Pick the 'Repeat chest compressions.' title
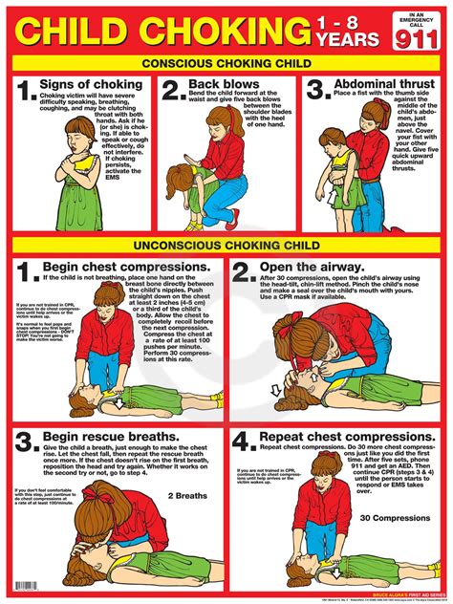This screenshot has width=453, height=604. pyautogui.click(x=348, y=440)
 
